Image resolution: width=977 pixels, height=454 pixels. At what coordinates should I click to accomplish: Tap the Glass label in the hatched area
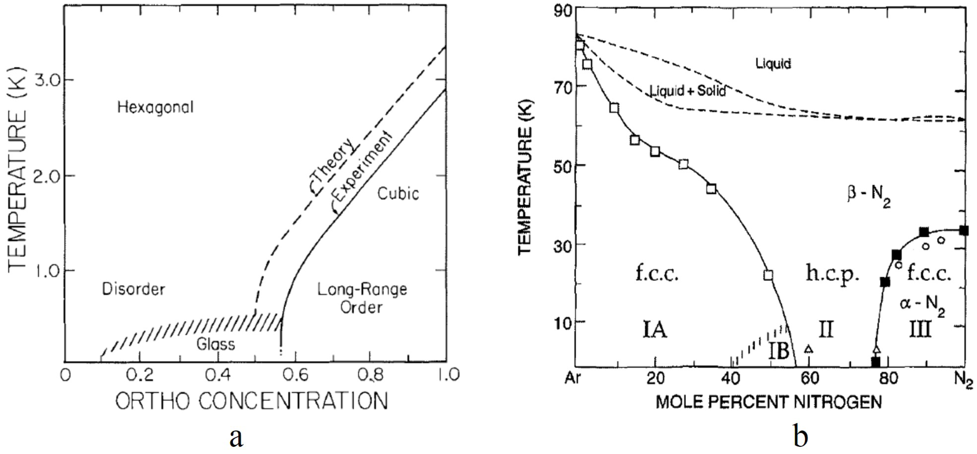[x=216, y=344]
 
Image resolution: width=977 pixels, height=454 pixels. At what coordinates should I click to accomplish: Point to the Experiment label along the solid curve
[x=362, y=171]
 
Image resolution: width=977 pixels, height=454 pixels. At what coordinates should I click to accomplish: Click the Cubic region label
[x=398, y=194]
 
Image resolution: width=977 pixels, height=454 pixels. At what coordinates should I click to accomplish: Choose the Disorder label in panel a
[x=133, y=289]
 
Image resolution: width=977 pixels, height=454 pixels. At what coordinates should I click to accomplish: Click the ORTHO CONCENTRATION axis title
[x=252, y=401]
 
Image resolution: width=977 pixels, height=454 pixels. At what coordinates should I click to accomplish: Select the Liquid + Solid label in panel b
[x=688, y=91]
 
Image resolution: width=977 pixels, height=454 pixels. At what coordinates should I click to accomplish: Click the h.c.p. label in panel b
[x=832, y=273]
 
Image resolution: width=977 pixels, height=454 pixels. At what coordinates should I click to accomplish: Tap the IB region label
[x=778, y=351]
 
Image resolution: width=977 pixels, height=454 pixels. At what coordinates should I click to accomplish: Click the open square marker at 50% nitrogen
[x=768, y=275]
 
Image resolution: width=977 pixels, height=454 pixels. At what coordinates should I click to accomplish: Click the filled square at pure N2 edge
[x=964, y=231]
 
